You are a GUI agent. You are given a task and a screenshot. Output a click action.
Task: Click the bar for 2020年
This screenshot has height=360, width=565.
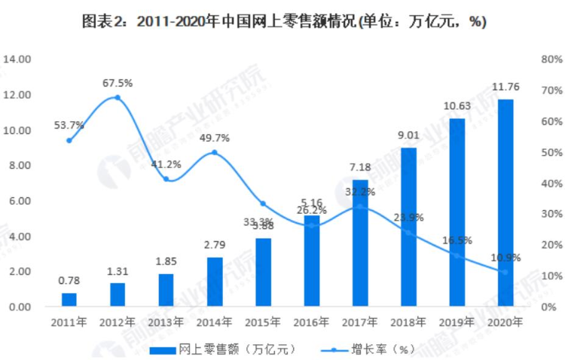click(x=505, y=203)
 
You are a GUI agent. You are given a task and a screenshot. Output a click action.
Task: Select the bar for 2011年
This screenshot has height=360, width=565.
click(x=69, y=299)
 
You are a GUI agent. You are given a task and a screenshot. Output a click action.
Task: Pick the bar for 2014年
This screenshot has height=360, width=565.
click(x=215, y=282)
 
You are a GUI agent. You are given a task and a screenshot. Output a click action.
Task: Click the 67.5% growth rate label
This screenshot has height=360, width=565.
click(x=118, y=83)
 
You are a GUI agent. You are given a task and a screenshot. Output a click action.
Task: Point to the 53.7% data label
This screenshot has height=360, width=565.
click(x=69, y=125)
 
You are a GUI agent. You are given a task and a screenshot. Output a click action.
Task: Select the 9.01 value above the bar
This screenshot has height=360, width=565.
click(x=408, y=136)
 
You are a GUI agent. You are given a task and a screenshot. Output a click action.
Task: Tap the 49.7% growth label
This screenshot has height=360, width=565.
click(x=215, y=138)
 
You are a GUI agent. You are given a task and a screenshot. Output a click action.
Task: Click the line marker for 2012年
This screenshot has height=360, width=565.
click(x=118, y=97)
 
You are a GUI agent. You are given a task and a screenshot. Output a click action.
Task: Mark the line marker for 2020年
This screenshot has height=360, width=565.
click(x=505, y=272)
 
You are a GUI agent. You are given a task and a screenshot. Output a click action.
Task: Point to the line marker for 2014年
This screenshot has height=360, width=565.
click(x=215, y=152)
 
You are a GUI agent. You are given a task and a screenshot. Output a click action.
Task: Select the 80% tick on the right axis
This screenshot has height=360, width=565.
click(x=548, y=59)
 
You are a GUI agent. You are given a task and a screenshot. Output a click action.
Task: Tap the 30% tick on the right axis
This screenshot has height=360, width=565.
click(x=548, y=215)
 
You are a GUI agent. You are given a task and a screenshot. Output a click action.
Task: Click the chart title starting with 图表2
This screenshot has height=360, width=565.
click(x=282, y=22)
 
